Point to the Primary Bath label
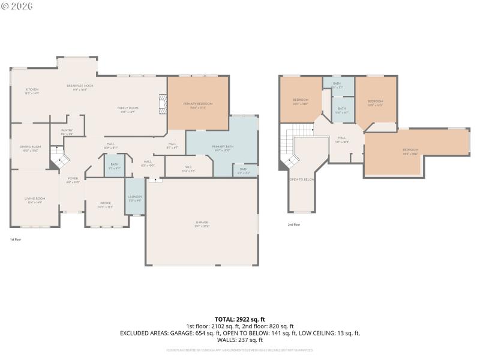click(x=222, y=148)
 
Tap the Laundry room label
click(x=134, y=198)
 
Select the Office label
click(x=106, y=205)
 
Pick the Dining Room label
click(x=31, y=148)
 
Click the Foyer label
click(x=73, y=179)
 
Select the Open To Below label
click(x=302, y=179)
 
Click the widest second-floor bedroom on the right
click(x=410, y=151)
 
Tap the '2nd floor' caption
click(x=294, y=224)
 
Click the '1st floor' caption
click(x=16, y=239)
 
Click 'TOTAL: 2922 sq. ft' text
click(x=239, y=319)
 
